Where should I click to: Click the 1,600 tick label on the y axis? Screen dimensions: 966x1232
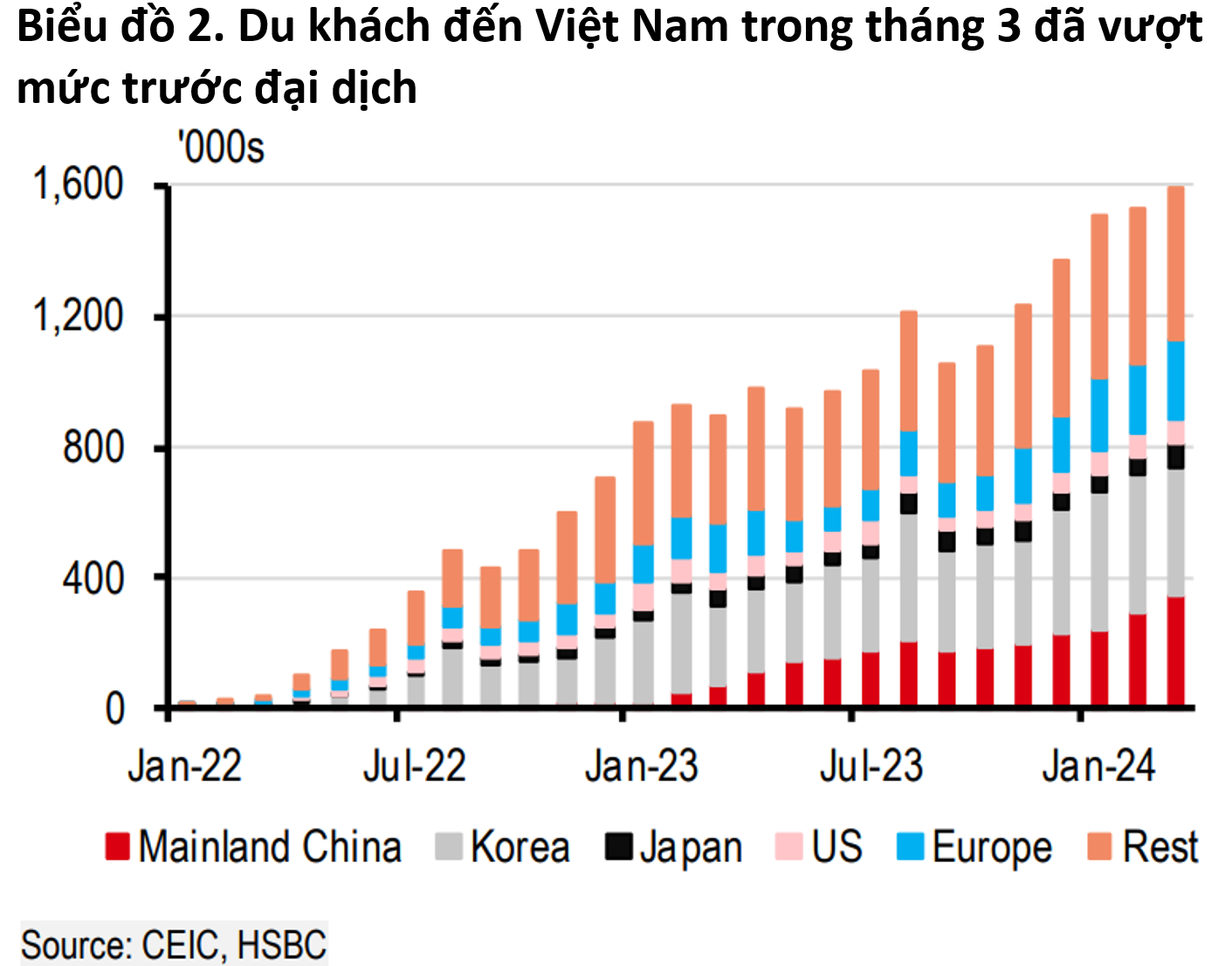(78, 185)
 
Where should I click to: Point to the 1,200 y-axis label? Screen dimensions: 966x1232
(78, 316)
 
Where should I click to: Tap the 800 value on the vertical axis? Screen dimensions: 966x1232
(93, 447)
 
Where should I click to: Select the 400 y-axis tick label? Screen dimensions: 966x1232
(93, 578)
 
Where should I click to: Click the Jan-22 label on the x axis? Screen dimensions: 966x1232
(184, 766)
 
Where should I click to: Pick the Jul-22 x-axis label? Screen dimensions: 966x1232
(414, 766)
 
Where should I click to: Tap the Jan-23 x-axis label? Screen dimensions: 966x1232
(642, 766)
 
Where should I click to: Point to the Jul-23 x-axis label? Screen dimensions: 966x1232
(871, 766)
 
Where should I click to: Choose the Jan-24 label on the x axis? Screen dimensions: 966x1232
(1098, 766)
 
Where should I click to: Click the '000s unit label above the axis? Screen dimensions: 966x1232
(220, 147)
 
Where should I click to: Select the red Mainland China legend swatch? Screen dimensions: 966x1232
(117, 846)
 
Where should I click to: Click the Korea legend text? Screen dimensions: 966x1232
(520, 847)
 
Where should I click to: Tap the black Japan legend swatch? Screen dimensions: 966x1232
(618, 846)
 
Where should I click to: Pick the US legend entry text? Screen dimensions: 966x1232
(836, 847)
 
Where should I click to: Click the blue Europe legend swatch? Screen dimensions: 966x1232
(910, 846)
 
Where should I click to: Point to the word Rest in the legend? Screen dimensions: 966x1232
(1160, 847)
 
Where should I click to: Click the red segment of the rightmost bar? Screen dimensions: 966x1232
(1175, 650)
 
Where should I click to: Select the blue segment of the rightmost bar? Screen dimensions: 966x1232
(1175, 380)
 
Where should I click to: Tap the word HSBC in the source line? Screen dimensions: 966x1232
(281, 945)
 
